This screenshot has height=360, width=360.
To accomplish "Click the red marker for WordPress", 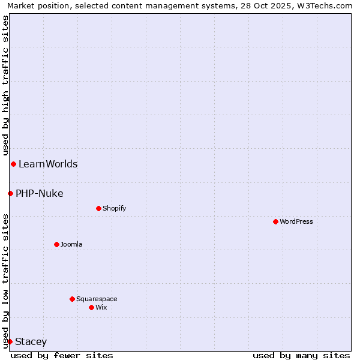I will (275, 221).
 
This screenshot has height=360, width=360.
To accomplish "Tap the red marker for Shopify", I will (98, 208).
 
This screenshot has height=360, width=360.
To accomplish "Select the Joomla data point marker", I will (56, 244).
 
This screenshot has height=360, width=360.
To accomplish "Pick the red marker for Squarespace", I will (72, 299).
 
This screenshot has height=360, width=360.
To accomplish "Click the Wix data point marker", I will (91, 307).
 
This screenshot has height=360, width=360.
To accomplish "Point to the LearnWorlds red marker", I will (13, 164).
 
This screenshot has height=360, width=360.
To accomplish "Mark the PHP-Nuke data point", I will (10, 193).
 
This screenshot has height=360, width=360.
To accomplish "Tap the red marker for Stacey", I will (10, 341).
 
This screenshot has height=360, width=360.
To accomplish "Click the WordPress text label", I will (296, 221).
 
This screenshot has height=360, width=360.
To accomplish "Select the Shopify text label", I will (114, 208).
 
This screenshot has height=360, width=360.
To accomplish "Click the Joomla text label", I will (71, 244).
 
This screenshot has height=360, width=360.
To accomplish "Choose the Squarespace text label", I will (97, 299).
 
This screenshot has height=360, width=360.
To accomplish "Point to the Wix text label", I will (101, 307).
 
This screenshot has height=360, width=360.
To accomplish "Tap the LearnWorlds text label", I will (48, 164).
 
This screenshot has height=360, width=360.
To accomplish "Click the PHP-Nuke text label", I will (40, 193).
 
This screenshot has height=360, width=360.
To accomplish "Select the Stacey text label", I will (31, 341).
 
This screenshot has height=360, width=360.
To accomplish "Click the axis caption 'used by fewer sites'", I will (62, 355).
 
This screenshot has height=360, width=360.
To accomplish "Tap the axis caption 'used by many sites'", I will (301, 355).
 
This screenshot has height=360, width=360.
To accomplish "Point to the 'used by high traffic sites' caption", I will (5, 86).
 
